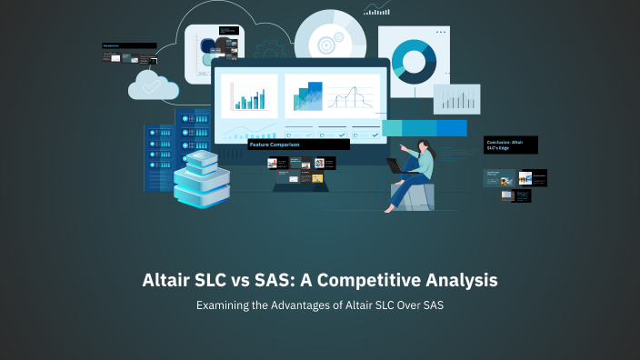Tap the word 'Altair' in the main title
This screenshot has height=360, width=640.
point(172,281)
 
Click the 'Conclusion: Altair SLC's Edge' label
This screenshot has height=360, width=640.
point(511,145)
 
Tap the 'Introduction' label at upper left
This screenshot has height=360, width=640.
point(128,45)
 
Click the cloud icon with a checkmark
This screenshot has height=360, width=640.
point(153,85)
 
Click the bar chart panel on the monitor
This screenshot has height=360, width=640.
point(249,96)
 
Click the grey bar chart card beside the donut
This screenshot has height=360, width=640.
point(456,99)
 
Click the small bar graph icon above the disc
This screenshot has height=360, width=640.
point(376,9)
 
